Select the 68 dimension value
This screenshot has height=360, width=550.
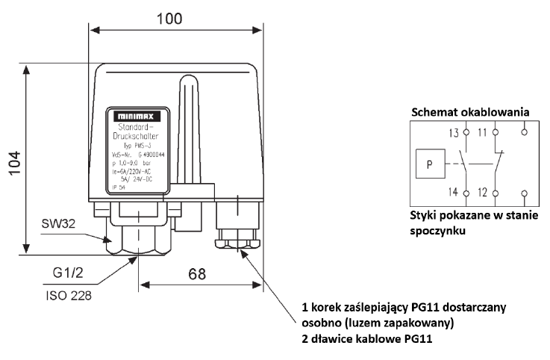click(x=196, y=274)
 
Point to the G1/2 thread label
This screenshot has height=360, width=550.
click(x=69, y=273)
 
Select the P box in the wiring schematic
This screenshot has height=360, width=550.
click(x=428, y=163)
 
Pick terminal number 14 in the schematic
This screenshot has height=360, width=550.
click(x=454, y=193)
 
